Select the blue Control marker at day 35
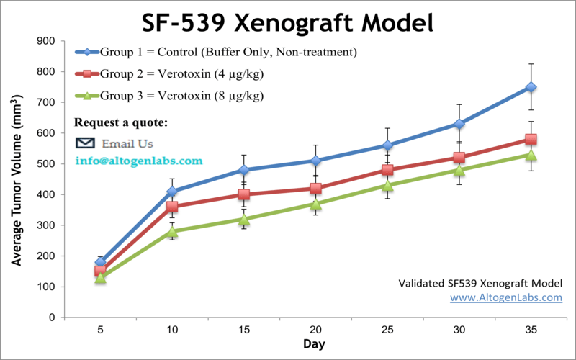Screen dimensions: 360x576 [531, 87]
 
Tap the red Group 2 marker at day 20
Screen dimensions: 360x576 [315, 189]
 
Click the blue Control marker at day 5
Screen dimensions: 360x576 [100, 262]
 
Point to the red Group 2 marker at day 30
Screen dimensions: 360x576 [459, 158]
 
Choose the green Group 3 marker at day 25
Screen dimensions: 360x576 [387, 186]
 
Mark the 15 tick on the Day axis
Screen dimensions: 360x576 [244, 327]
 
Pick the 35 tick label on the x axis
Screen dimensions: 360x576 [531, 327]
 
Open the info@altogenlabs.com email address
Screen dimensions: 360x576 [139, 161]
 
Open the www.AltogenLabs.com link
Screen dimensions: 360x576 [505, 297]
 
